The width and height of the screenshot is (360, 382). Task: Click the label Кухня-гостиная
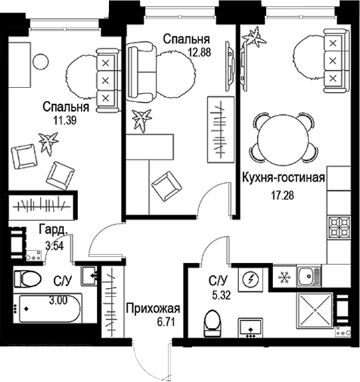(x=285, y=178)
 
